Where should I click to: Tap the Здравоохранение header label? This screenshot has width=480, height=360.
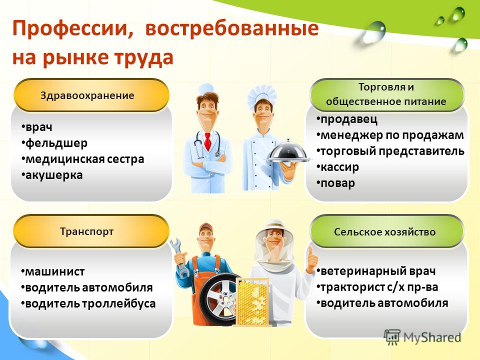pos(87,95)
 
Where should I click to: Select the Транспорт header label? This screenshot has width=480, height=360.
pos(87,231)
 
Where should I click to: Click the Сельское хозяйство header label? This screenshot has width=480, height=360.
pos(385,231)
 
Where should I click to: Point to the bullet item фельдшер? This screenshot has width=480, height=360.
pos(54,143)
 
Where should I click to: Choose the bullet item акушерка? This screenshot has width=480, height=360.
pos(52,175)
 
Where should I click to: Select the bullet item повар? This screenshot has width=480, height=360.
pos(336,183)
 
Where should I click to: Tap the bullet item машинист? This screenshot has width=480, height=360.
pos(53,271)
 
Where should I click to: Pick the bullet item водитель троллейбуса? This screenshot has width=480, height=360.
pos(88,303)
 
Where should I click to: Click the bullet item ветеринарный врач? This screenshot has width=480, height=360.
pos(376,271)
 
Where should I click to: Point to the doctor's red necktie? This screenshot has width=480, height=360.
pos(207,141)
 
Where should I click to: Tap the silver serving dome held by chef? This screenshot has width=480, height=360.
pos(288,151)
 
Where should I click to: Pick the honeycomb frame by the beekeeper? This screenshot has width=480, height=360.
pos(253,302)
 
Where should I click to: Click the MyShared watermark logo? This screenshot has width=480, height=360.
pos(423,337)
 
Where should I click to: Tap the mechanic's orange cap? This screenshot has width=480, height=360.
pos(205,227)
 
